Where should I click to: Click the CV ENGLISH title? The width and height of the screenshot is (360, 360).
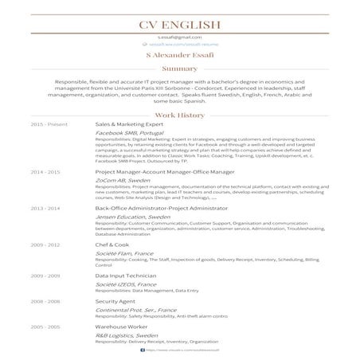[179, 24]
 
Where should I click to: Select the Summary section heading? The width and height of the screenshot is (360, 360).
[179, 69]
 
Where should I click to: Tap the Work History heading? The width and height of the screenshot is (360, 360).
[179, 115]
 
